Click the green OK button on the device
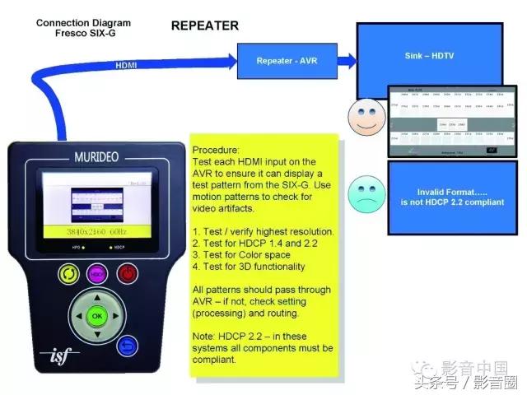97,316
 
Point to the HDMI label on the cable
127,64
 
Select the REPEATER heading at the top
204,26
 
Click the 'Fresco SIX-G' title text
79,34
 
